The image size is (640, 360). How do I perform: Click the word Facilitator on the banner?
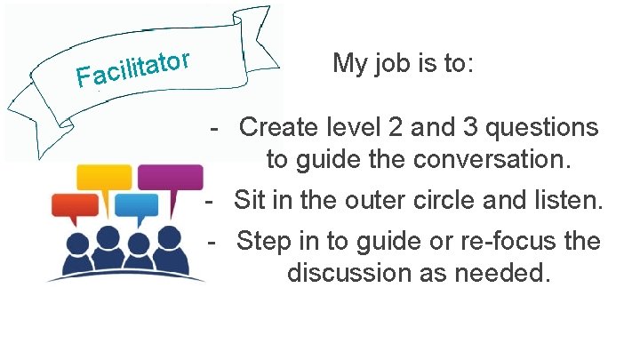tap(134, 70)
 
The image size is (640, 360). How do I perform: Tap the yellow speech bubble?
tap(103, 178)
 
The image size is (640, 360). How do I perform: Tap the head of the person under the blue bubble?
tap(139, 243)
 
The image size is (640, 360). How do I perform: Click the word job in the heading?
tap(386, 64)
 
